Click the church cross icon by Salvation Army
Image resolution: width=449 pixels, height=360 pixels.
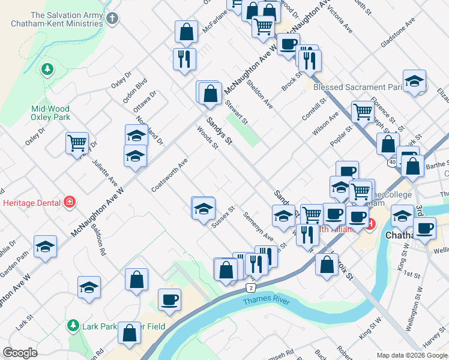[112, 19]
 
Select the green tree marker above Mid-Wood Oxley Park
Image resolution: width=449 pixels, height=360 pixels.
[47, 70]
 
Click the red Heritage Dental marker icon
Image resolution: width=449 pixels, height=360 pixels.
[70, 201]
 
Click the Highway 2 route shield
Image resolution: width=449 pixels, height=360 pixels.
[249, 288]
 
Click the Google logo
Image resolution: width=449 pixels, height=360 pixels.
[20, 353]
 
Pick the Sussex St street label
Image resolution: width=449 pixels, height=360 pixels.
[222, 218]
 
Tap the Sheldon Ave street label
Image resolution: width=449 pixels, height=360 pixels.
[263, 96]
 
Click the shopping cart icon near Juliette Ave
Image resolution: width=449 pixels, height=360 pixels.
[77, 143]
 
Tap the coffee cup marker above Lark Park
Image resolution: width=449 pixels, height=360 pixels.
[169, 299]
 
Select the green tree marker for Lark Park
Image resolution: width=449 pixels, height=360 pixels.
[73, 326]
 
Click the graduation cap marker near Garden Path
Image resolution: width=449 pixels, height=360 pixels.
[45, 247]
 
